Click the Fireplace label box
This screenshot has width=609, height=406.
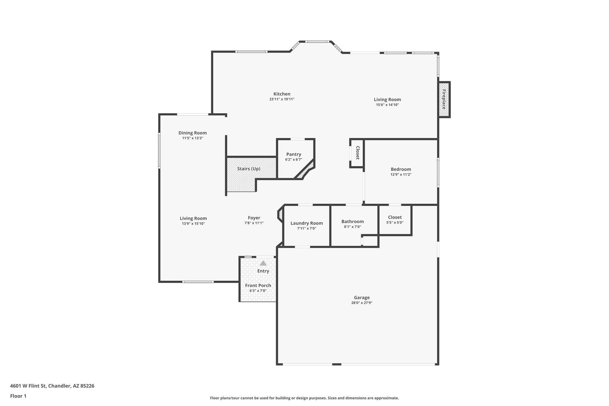tap(444, 99)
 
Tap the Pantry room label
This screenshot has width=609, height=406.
tap(293, 154)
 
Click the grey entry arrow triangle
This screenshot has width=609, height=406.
tap(263, 263)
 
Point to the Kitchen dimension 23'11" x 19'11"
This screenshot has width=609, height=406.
tap(282, 99)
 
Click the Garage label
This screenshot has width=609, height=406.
tap(362, 297)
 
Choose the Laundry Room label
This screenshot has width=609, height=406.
tap(306, 223)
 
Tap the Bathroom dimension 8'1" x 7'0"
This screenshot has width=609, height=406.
tap(352, 227)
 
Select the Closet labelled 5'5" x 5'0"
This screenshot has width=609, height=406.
tap(395, 220)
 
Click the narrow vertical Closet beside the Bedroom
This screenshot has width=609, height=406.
tap(357, 153)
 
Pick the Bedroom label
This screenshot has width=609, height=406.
tap(401, 169)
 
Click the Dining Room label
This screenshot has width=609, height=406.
tap(192, 133)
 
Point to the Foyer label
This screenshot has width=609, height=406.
tap(254, 218)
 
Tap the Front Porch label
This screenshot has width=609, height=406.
tap(258, 286)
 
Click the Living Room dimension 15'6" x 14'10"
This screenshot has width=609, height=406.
tap(387, 105)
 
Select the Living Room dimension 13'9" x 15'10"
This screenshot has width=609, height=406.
tap(193, 224)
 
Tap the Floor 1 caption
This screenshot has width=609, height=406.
tap(18, 396)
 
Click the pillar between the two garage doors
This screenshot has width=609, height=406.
tap(336, 364)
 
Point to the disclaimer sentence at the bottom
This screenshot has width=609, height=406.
tap(304, 398)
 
